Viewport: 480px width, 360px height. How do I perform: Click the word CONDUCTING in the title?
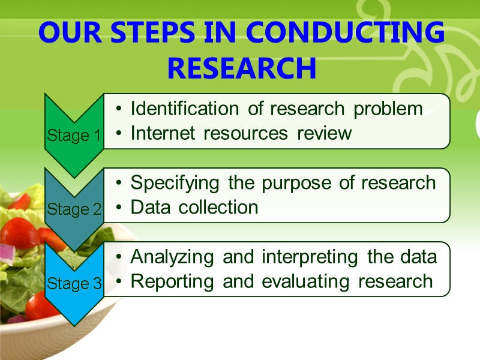[346, 34]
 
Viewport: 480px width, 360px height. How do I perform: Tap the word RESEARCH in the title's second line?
[241, 68]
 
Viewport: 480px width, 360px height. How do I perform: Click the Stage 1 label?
[74, 136]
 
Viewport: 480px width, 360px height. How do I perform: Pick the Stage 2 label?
[74, 210]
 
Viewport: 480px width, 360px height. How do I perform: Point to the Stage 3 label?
[74, 284]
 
